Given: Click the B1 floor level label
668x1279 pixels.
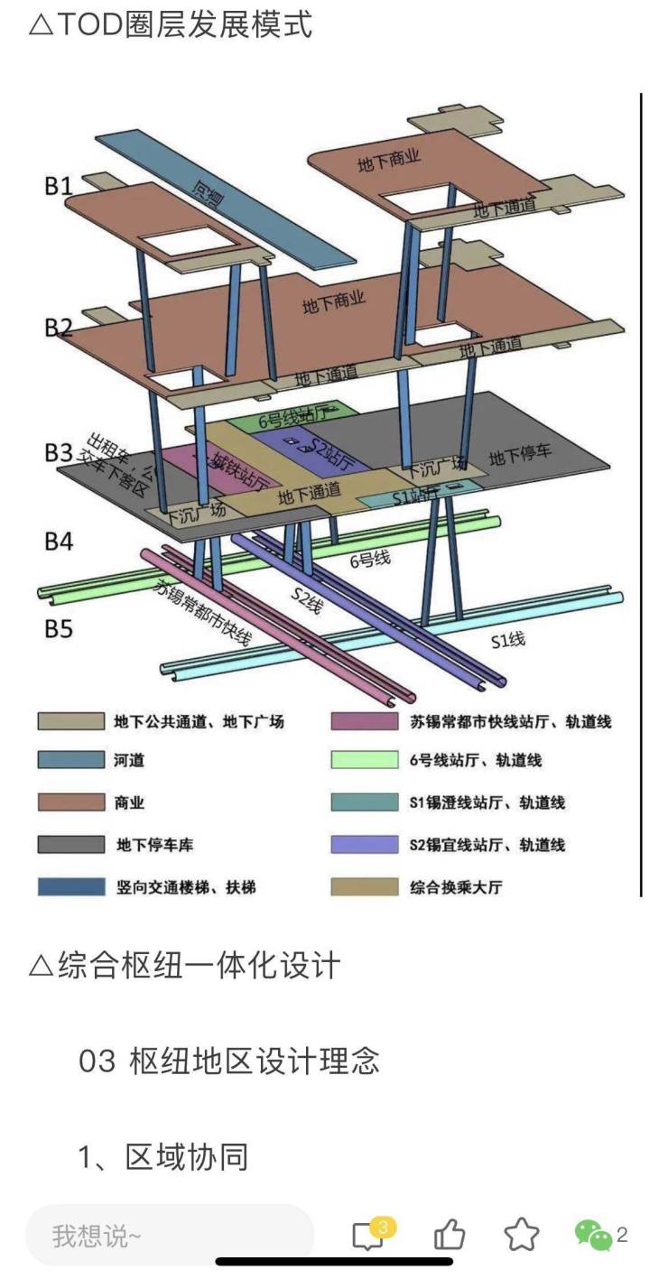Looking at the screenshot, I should pyautogui.click(x=59, y=186).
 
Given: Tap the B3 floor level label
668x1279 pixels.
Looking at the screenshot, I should pyautogui.click(x=59, y=451).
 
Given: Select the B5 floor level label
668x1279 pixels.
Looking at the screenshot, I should pyautogui.click(x=59, y=627).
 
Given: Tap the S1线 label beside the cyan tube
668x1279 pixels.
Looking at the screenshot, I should pyautogui.click(x=507, y=641).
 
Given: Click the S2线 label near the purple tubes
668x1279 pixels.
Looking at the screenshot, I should pyautogui.click(x=306, y=600).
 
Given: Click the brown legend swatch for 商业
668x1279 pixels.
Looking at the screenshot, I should pyautogui.click(x=70, y=802).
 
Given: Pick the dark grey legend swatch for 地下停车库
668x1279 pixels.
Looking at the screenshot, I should pyautogui.click(x=70, y=845).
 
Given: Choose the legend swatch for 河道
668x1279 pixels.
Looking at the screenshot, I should pyautogui.click(x=70, y=760).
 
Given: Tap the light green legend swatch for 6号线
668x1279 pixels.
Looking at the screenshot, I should pyautogui.click(x=365, y=760).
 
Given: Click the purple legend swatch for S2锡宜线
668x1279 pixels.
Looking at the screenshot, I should pyautogui.click(x=365, y=845).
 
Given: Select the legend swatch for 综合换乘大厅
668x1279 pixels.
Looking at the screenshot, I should pyautogui.click(x=365, y=887).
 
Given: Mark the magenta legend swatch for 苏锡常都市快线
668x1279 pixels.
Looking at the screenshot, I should pyautogui.click(x=365, y=721).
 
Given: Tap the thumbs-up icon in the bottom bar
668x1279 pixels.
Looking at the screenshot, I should pyautogui.click(x=450, y=1234).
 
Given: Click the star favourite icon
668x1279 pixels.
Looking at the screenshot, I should pyautogui.click(x=521, y=1234).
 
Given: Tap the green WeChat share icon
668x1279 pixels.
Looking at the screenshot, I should pyautogui.click(x=593, y=1234).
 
